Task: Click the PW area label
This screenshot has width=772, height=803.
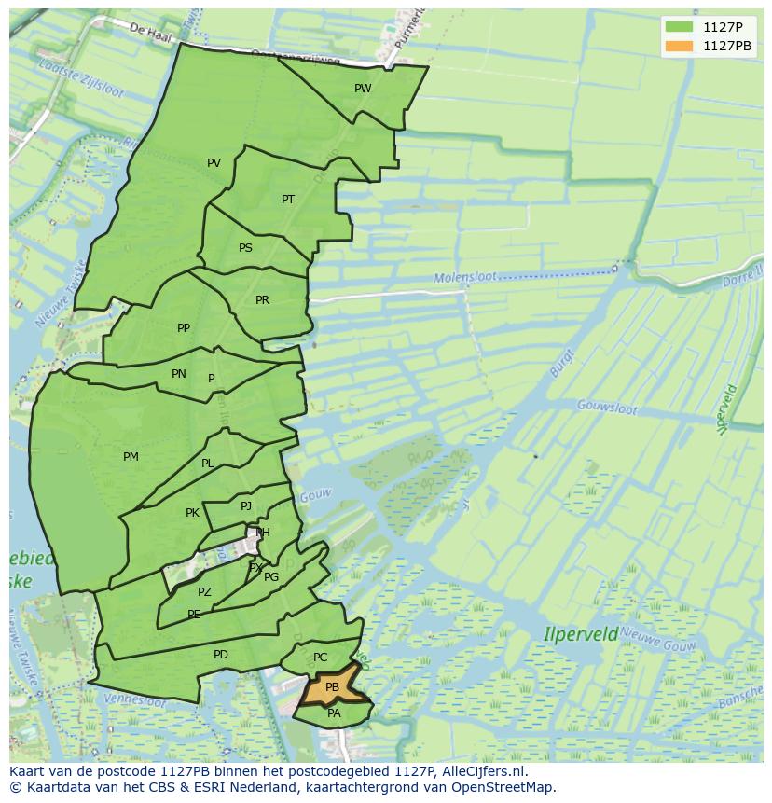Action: coord(363,89)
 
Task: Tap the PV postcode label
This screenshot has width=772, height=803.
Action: coord(214,163)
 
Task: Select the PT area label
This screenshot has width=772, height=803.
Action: coord(288,200)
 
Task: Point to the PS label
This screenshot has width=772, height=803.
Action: coord(245,248)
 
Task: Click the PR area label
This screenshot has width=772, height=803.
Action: coord(262,300)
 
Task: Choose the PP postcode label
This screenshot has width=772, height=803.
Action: coord(184,328)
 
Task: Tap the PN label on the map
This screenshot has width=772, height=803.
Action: coord(179,374)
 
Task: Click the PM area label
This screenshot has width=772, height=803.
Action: coord(131,457)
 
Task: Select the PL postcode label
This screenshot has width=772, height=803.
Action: coord(207,464)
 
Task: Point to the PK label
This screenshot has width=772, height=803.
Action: coord(192,513)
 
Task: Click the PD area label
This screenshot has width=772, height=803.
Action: coord(220,655)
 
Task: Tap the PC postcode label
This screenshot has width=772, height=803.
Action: coord(320,658)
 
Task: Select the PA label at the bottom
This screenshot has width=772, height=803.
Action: coord(334,713)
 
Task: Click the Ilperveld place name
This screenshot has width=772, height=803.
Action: coord(581,634)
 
